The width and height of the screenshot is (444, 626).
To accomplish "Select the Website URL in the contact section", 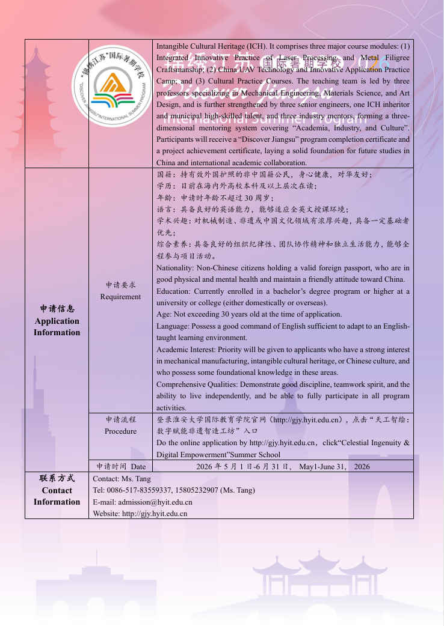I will tap(155, 514).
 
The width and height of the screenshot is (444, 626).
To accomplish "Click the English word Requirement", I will tap(120, 297).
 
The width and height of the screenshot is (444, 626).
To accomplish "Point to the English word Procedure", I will tap(120, 431).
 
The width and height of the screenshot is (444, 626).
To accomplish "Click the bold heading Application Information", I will tap(57, 327).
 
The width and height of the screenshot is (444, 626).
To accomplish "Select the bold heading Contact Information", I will tap(57, 496).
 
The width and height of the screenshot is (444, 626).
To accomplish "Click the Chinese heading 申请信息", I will tap(57, 309).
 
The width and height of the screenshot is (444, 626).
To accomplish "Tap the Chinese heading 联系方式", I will tap(57, 478).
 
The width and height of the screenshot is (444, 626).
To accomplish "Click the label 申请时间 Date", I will tap(121, 466).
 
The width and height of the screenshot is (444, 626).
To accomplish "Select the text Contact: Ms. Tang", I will tap(122, 479).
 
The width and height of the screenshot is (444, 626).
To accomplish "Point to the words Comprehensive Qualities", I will tap(193, 384).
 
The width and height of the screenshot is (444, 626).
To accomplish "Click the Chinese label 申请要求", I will tap(120, 285).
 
